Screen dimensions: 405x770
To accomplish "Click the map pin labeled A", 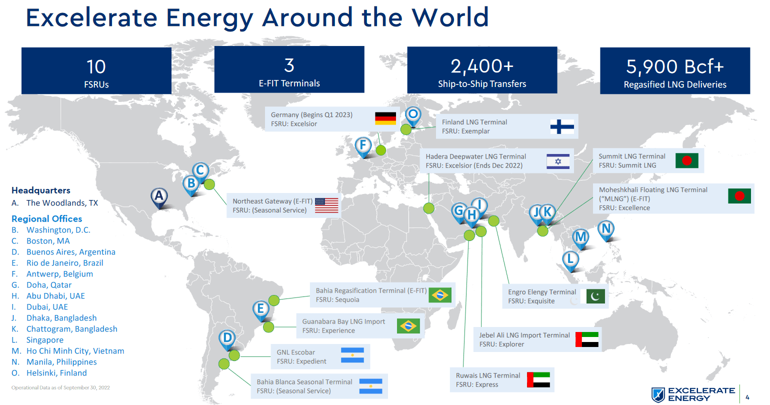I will (159, 196).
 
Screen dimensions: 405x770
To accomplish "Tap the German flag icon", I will (385, 118).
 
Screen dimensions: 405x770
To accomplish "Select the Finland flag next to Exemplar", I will (562, 126).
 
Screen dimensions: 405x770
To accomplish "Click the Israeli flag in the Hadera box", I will (558, 161).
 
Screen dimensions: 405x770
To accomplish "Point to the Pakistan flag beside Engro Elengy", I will (595, 296).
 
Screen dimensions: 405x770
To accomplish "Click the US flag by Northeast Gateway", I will (326, 205).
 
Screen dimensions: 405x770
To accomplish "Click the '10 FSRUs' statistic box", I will (96, 71).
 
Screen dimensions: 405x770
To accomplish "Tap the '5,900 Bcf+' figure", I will (674, 66).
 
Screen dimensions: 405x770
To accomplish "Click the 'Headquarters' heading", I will (41, 190).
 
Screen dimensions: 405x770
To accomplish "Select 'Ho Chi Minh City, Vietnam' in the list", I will (75, 351).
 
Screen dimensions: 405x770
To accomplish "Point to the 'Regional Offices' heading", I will (47, 219).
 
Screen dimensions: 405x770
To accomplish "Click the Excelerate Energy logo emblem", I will (658, 394).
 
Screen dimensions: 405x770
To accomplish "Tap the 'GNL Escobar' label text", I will (296, 352).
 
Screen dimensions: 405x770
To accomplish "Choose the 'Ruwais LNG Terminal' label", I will (488, 375).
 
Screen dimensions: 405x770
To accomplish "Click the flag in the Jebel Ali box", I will (587, 339).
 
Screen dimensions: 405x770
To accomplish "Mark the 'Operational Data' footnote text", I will (60, 387).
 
